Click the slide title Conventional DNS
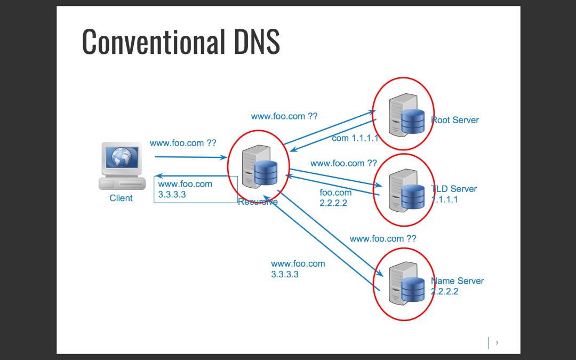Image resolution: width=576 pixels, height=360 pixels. tap(181, 42)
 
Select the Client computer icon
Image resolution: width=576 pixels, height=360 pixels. tap(122, 165)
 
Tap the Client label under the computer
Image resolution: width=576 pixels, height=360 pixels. tap(121, 198)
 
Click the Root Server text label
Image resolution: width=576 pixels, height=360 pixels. tap(456, 120)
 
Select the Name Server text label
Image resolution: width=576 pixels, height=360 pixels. tap(458, 281)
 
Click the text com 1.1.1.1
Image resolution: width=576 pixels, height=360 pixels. tap(355, 138)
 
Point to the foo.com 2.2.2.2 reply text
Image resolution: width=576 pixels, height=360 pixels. tap(335, 197)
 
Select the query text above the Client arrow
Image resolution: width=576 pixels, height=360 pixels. tap(183, 143)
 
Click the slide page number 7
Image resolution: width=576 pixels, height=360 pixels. tap(497, 343)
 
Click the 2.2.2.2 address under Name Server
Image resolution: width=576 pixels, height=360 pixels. tap(445, 292)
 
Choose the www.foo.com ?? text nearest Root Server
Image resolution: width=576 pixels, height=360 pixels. tap(284, 116)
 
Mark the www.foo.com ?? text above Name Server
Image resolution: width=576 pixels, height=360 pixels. tap(382, 238)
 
